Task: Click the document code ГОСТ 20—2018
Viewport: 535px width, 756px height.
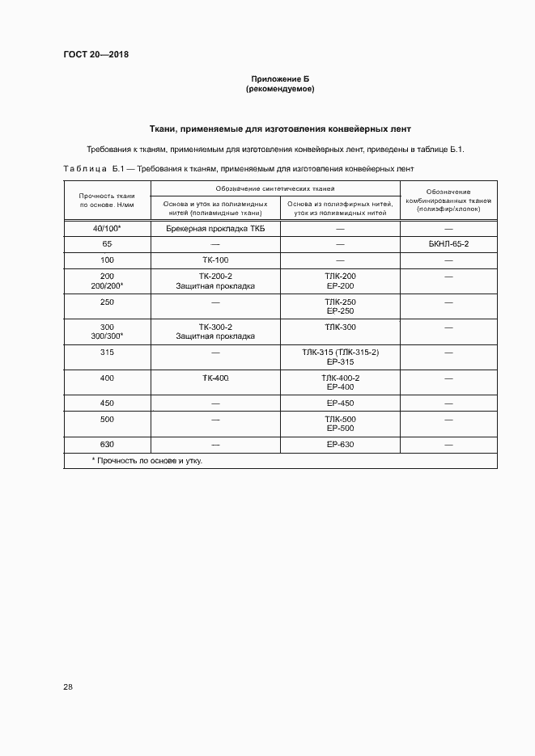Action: [x=96, y=55]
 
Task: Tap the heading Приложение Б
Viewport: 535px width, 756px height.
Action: [x=280, y=78]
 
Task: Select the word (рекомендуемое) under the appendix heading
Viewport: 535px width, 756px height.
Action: [x=280, y=89]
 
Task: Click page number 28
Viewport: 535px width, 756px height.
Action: [x=68, y=687]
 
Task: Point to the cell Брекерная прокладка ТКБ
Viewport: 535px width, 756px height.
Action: [x=215, y=230]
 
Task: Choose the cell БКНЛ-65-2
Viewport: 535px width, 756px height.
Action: [x=448, y=243]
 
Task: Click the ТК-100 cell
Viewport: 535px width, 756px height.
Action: [x=215, y=260]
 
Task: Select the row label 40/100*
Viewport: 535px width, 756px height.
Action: [x=107, y=230]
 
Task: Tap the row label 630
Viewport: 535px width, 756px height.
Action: [x=107, y=445]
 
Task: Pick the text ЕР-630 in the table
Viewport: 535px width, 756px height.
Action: [x=340, y=445]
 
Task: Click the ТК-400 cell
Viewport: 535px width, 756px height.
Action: [x=215, y=378]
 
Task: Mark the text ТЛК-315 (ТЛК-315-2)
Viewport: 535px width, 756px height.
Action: [x=340, y=353]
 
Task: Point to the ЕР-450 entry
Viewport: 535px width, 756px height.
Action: [x=340, y=403]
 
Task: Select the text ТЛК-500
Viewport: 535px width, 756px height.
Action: [x=340, y=419]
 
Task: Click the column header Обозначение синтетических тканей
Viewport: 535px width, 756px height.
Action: [x=275, y=188]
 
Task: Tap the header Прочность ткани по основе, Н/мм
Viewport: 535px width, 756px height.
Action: [x=107, y=200]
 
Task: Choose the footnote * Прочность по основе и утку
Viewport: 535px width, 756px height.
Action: [x=146, y=461]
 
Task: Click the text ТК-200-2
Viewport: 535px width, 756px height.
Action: [x=215, y=277]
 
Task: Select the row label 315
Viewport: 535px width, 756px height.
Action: [x=107, y=353]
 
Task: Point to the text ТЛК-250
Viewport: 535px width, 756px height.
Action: [x=340, y=302]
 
